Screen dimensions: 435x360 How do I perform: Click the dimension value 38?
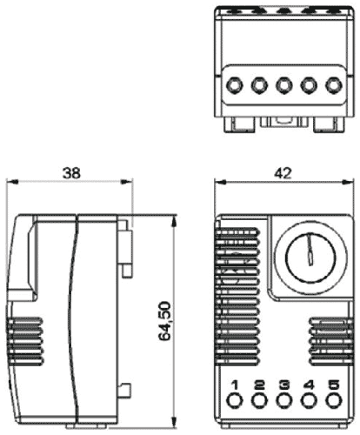tap(70, 173)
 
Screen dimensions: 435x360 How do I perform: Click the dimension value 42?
tap(282, 173)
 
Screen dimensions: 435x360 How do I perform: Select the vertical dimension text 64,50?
tap(165, 322)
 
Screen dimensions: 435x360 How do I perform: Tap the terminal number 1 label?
tap(235, 385)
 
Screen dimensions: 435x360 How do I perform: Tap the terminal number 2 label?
tap(259, 385)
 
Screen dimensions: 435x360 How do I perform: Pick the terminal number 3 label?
tap(283, 385)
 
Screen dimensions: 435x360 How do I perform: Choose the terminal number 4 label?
tap(308, 385)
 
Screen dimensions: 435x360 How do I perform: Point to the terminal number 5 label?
tap(331, 385)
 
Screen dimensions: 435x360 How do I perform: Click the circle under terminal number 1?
tap(235, 401)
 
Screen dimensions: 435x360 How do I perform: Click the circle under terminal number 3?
tap(283, 401)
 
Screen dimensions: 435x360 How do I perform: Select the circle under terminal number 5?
tap(331, 401)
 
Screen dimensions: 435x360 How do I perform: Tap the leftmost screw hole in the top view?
tap(236, 87)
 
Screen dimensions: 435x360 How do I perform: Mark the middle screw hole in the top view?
tap(283, 87)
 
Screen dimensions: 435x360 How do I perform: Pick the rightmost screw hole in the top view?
tap(332, 87)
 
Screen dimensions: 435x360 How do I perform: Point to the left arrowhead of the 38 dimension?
tap(10, 183)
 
